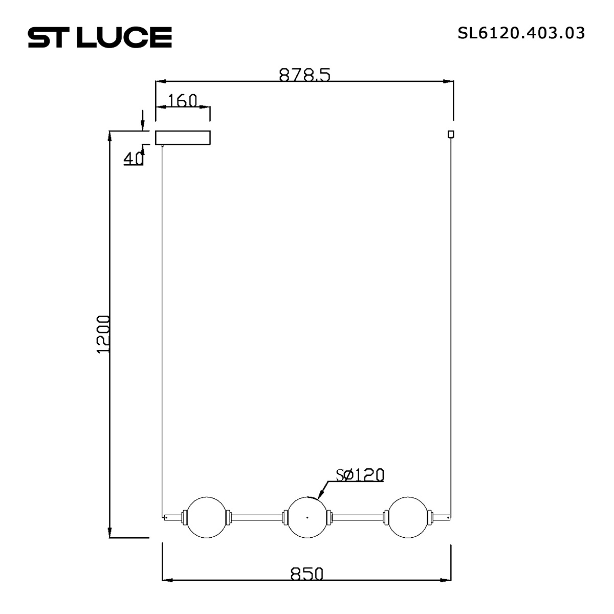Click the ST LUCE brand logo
pyautogui.click(x=99, y=37)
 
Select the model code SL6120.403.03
pyautogui.click(x=521, y=33)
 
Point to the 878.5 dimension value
pyautogui.click(x=305, y=75)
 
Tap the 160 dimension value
pyautogui.click(x=182, y=101)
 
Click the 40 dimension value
pyautogui.click(x=133, y=159)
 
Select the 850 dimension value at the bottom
pyautogui.click(x=307, y=574)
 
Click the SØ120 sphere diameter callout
pyautogui.click(x=360, y=475)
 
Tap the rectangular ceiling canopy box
pyautogui.click(x=183, y=138)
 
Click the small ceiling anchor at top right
pyautogui.click(x=450, y=134)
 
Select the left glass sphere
pyautogui.click(x=206, y=517)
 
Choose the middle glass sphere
pyautogui.click(x=306, y=517)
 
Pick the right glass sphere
pyautogui.click(x=407, y=517)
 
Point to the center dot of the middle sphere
pyautogui.click(x=306, y=517)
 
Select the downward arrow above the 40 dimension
pyautogui.click(x=143, y=127)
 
